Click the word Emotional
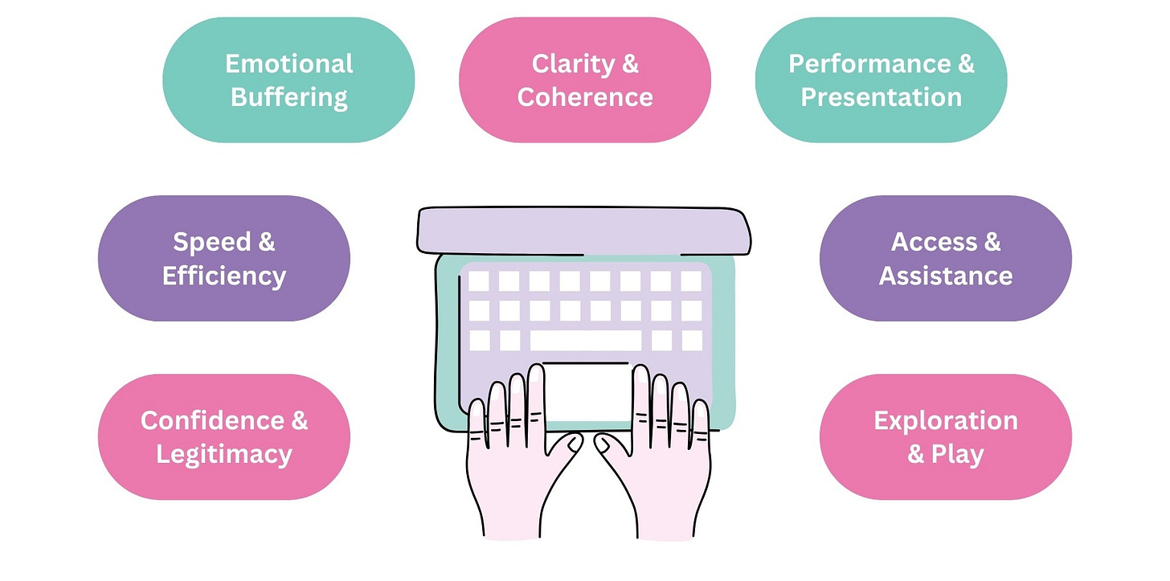pos(288,63)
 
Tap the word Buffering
pos(288,97)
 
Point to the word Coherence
pos(585,97)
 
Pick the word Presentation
pos(881,97)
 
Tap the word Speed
pos(211,242)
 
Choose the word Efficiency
pos(224,276)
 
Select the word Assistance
pos(945,276)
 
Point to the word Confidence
pos(212,420)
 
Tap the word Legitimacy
pos(224,454)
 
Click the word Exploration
pos(945,420)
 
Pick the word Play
pos(958,454)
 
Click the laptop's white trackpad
pos(587,391)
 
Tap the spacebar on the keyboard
pos(586,341)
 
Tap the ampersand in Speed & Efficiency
pos(264,242)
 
